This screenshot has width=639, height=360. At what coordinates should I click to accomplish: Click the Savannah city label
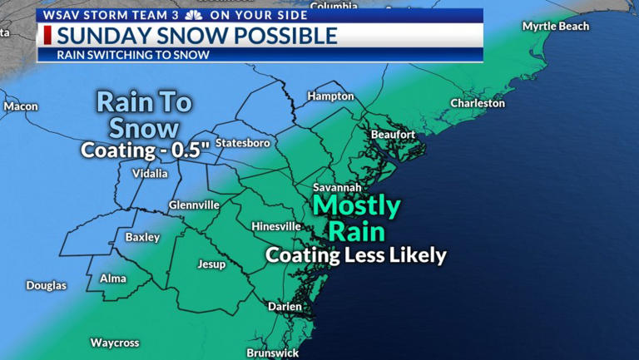(338, 187)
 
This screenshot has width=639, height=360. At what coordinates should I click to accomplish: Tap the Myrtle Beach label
(555, 27)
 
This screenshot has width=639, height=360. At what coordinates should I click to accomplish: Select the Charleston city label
(478, 103)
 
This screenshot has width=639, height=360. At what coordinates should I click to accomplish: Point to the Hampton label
(330, 96)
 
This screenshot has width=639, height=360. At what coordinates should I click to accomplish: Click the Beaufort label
(393, 134)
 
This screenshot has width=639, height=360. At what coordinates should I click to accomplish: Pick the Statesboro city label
(243, 143)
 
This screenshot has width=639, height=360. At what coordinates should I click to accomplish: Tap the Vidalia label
(150, 174)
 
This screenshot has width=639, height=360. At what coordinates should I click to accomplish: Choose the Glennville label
(194, 205)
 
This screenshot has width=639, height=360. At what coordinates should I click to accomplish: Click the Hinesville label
(276, 226)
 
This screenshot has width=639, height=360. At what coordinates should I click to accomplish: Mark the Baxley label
(142, 238)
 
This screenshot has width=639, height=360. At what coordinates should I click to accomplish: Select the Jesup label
(211, 264)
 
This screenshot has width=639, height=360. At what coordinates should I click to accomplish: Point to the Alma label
(113, 279)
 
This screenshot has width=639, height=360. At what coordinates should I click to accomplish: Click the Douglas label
(46, 285)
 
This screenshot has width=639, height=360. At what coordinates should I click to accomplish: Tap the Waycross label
(115, 343)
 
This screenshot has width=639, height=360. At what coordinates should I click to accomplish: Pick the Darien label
(285, 307)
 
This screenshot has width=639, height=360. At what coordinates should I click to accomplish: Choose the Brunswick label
(273, 353)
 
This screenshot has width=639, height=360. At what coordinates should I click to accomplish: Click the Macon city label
(21, 106)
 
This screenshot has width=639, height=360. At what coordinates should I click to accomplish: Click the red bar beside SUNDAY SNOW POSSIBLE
(47, 35)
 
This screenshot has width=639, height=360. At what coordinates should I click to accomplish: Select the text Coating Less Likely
(356, 255)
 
